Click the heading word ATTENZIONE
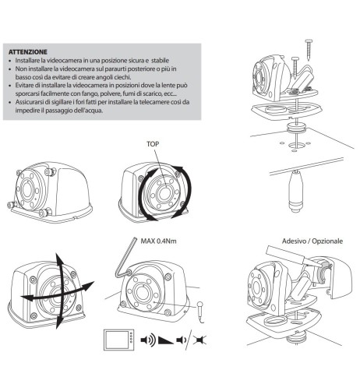click(x=28, y=52)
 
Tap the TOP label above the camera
click(x=153, y=144)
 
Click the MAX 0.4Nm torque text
click(x=158, y=241)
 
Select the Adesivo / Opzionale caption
click(x=312, y=241)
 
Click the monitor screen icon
click(x=119, y=340)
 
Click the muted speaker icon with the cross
click(x=200, y=340)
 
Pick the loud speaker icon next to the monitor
click(x=148, y=340)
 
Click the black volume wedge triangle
click(x=166, y=340)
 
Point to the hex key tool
click(x=124, y=259)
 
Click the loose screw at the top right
click(x=309, y=50)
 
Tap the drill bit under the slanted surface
click(x=296, y=191)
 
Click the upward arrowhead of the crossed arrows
click(x=59, y=258)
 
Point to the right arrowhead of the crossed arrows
click(x=88, y=285)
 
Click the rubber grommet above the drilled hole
click(x=296, y=129)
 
